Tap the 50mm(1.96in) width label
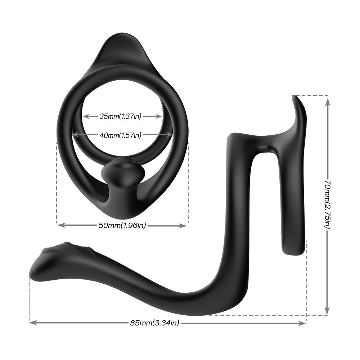coord(122,225)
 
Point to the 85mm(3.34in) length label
coord(154,323)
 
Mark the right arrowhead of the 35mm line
coord(159,116)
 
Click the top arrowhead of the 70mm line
coord(327,101)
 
